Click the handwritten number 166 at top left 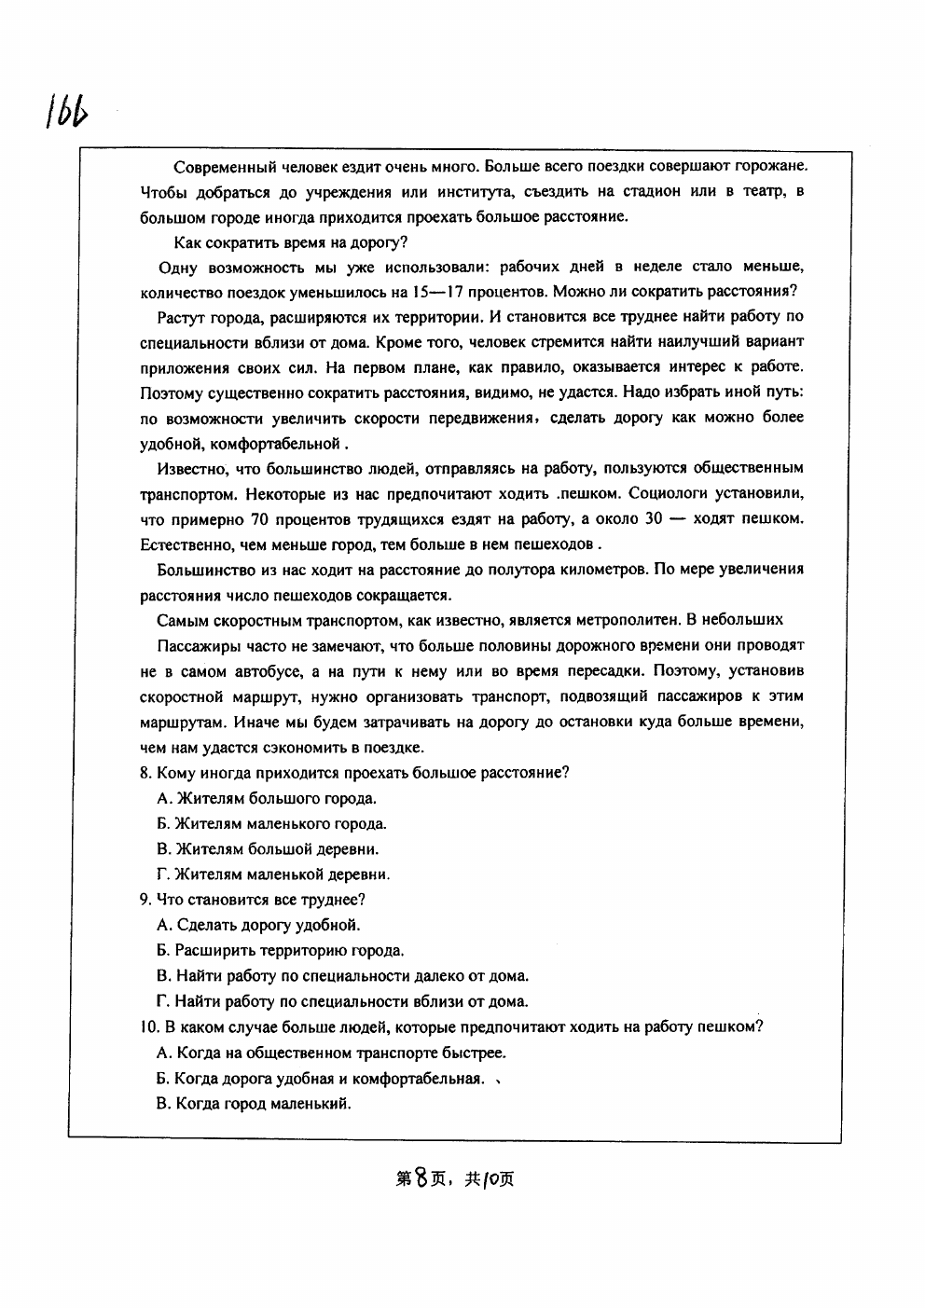[x=64, y=110]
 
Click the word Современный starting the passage [x=222, y=167]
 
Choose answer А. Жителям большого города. [x=267, y=798]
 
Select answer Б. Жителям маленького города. [x=271, y=823]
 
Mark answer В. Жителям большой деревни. [x=268, y=849]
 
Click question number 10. [x=148, y=1027]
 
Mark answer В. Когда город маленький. [x=254, y=1104]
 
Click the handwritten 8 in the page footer [x=426, y=1178]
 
